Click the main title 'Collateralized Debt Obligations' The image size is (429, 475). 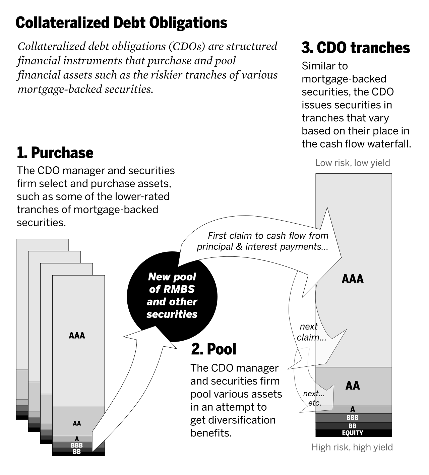pyautogui.click(x=121, y=23)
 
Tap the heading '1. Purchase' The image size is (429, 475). pyautogui.click(x=55, y=153)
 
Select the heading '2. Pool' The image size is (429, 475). pyautogui.click(x=213, y=349)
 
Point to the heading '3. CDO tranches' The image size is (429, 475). pyautogui.click(x=355, y=48)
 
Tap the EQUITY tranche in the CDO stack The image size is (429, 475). pyautogui.click(x=353, y=433)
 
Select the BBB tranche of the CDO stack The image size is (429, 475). pyautogui.click(x=353, y=418)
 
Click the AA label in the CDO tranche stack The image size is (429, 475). pyautogui.click(x=353, y=386)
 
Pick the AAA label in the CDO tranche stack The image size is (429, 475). pyautogui.click(x=353, y=279)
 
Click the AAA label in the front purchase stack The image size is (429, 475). pyautogui.click(x=77, y=336)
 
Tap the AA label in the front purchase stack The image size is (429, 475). pyautogui.click(x=77, y=423)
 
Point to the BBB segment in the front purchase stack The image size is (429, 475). pyautogui.click(x=77, y=445)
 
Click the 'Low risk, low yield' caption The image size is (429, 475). pyautogui.click(x=353, y=163)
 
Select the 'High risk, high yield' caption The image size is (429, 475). pyautogui.click(x=352, y=447)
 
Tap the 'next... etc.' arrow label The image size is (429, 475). pyautogui.click(x=314, y=398)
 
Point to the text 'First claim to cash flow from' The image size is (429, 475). pyautogui.click(x=268, y=236)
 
